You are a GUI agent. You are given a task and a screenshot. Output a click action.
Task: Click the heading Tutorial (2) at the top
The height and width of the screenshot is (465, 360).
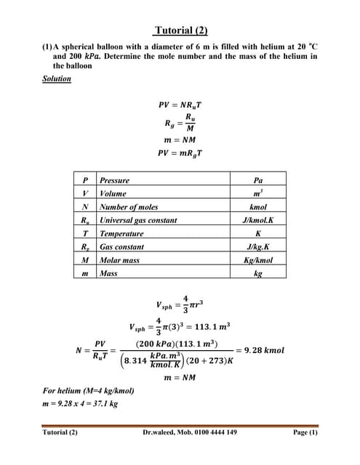180,31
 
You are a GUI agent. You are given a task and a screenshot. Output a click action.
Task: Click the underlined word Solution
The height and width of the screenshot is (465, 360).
57,78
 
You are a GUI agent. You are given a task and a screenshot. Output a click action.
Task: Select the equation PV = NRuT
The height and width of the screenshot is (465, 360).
180,103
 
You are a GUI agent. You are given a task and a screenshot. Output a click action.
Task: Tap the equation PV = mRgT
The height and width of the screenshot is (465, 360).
180,153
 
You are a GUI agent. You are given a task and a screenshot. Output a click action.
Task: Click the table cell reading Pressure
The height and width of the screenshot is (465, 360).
114,180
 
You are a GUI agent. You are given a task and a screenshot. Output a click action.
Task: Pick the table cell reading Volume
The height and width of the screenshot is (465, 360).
113,193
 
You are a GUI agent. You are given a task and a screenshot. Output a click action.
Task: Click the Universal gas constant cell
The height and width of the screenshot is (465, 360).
137,220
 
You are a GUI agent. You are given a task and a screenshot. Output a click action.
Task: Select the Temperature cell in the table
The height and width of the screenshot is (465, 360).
121,233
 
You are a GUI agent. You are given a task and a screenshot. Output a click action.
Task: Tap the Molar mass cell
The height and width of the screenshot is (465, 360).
119,260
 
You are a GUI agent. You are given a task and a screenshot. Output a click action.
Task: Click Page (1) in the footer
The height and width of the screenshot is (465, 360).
305,432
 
